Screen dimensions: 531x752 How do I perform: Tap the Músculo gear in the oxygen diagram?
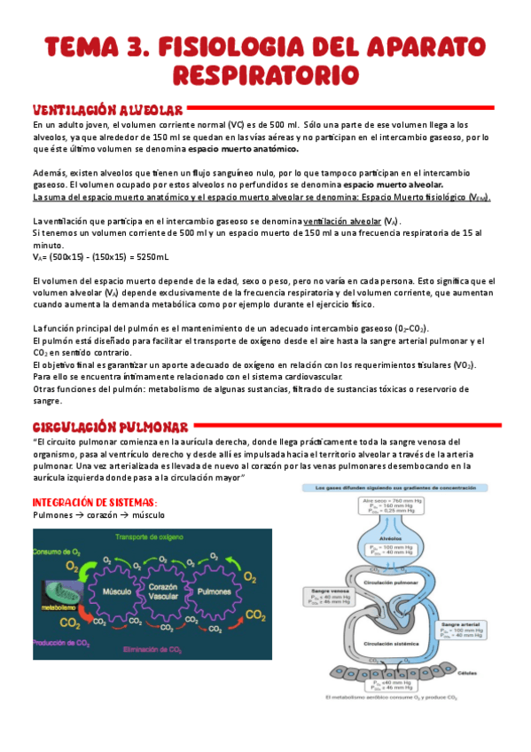click(117, 591)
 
